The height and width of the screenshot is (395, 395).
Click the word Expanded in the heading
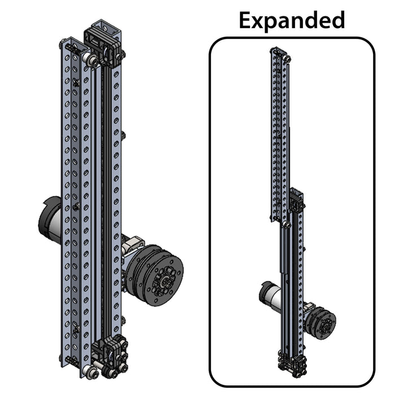pos(291,20)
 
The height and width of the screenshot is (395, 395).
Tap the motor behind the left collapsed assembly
pos(49,221)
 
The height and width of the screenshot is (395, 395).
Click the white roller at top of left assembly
pos(89,58)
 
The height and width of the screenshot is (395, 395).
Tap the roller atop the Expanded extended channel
pos(288,58)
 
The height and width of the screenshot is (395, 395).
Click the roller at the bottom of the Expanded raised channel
pos(287,225)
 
